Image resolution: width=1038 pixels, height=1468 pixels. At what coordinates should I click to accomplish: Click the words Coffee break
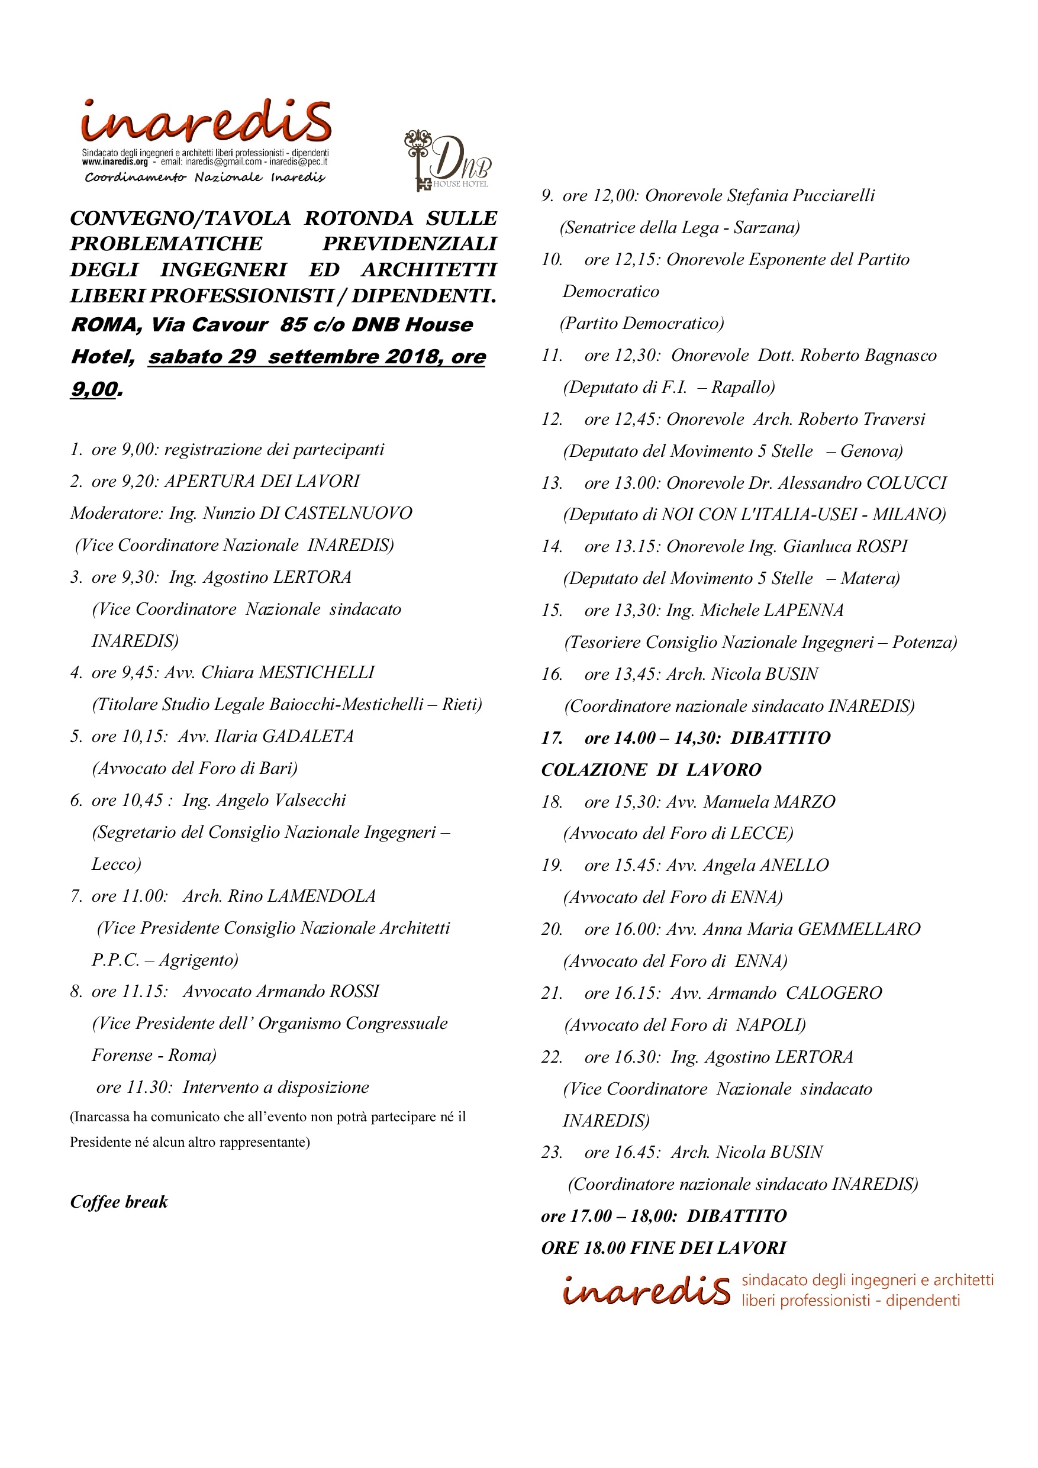point(119,1202)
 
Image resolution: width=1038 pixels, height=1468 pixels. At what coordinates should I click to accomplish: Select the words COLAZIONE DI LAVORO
point(651,770)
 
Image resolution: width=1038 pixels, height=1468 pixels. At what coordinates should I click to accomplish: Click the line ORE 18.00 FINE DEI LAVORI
point(663,1247)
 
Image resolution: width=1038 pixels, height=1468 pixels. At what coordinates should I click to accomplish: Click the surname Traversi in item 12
point(894,420)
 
